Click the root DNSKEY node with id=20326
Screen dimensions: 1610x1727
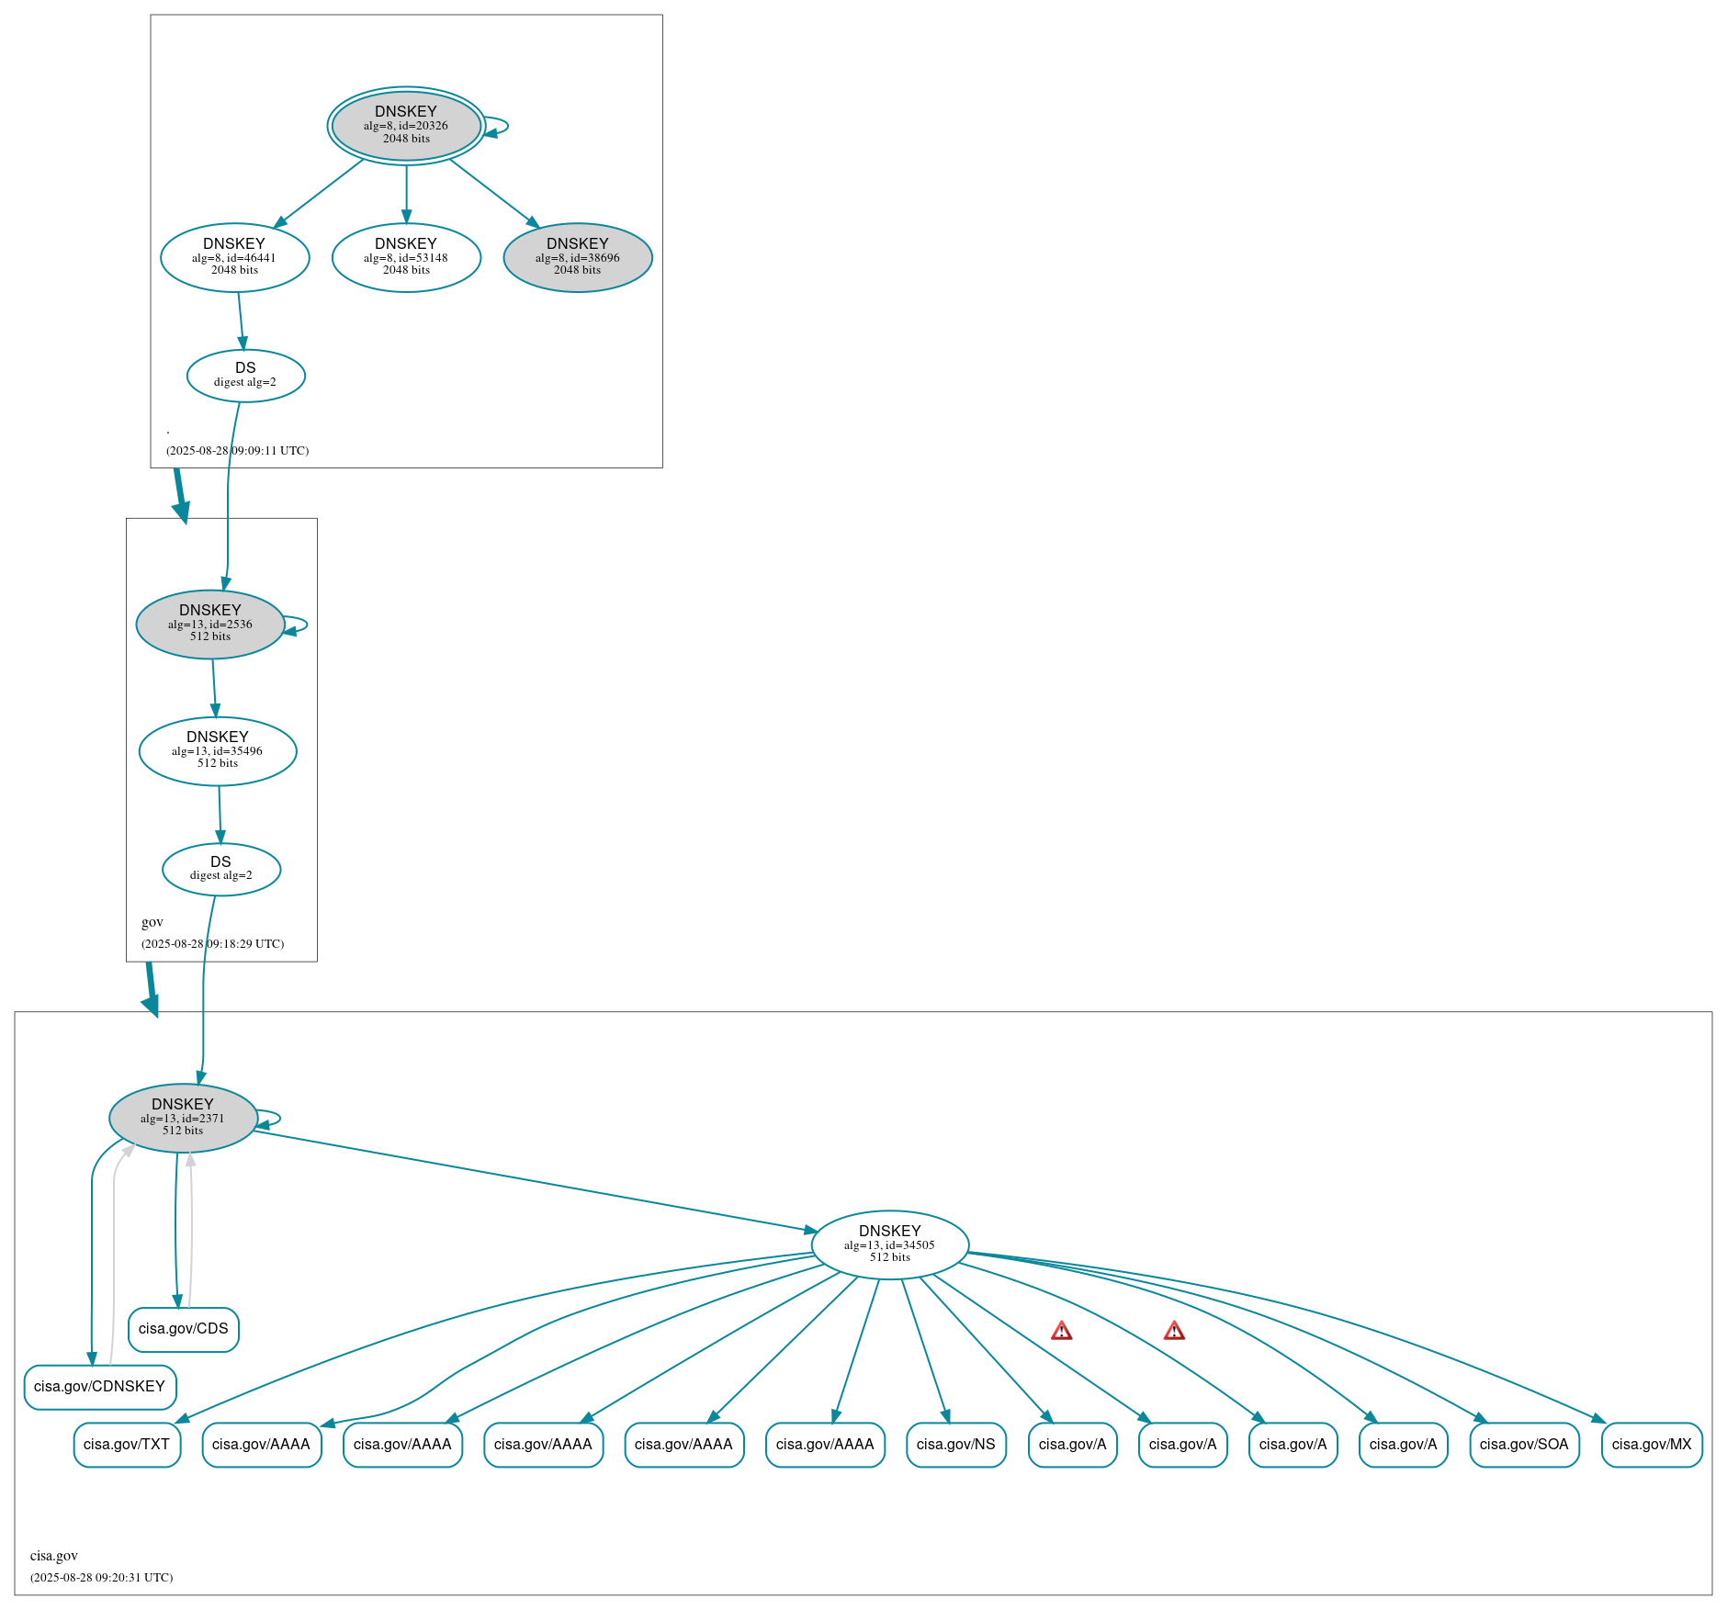pos(406,126)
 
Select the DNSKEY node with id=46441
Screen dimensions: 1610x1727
pos(234,257)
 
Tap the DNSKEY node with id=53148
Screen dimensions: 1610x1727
pos(406,257)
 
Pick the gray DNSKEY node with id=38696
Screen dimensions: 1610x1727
pos(578,257)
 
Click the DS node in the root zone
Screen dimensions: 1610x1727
pos(245,375)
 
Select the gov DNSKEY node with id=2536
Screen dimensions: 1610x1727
pos(210,624)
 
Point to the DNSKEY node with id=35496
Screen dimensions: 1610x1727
pos(218,750)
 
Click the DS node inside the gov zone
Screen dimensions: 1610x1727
pos(221,868)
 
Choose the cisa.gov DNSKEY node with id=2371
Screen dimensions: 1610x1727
pos(183,1118)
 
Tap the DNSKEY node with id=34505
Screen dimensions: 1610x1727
pos(889,1244)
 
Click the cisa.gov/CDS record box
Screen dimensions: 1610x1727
pos(184,1329)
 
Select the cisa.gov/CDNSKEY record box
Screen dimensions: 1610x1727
pos(99,1387)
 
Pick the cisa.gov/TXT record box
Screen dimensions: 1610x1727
pos(127,1445)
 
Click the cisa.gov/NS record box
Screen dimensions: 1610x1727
pos(955,1445)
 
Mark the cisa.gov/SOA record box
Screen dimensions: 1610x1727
pos(1524,1445)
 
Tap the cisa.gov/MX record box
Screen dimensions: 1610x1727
pos(1651,1445)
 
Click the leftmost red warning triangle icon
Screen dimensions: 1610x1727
pos(1062,1331)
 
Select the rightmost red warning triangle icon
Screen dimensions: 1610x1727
pos(1174,1331)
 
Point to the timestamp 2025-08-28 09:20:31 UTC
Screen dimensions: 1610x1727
pos(101,1578)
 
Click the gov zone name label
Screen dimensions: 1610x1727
pos(152,922)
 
